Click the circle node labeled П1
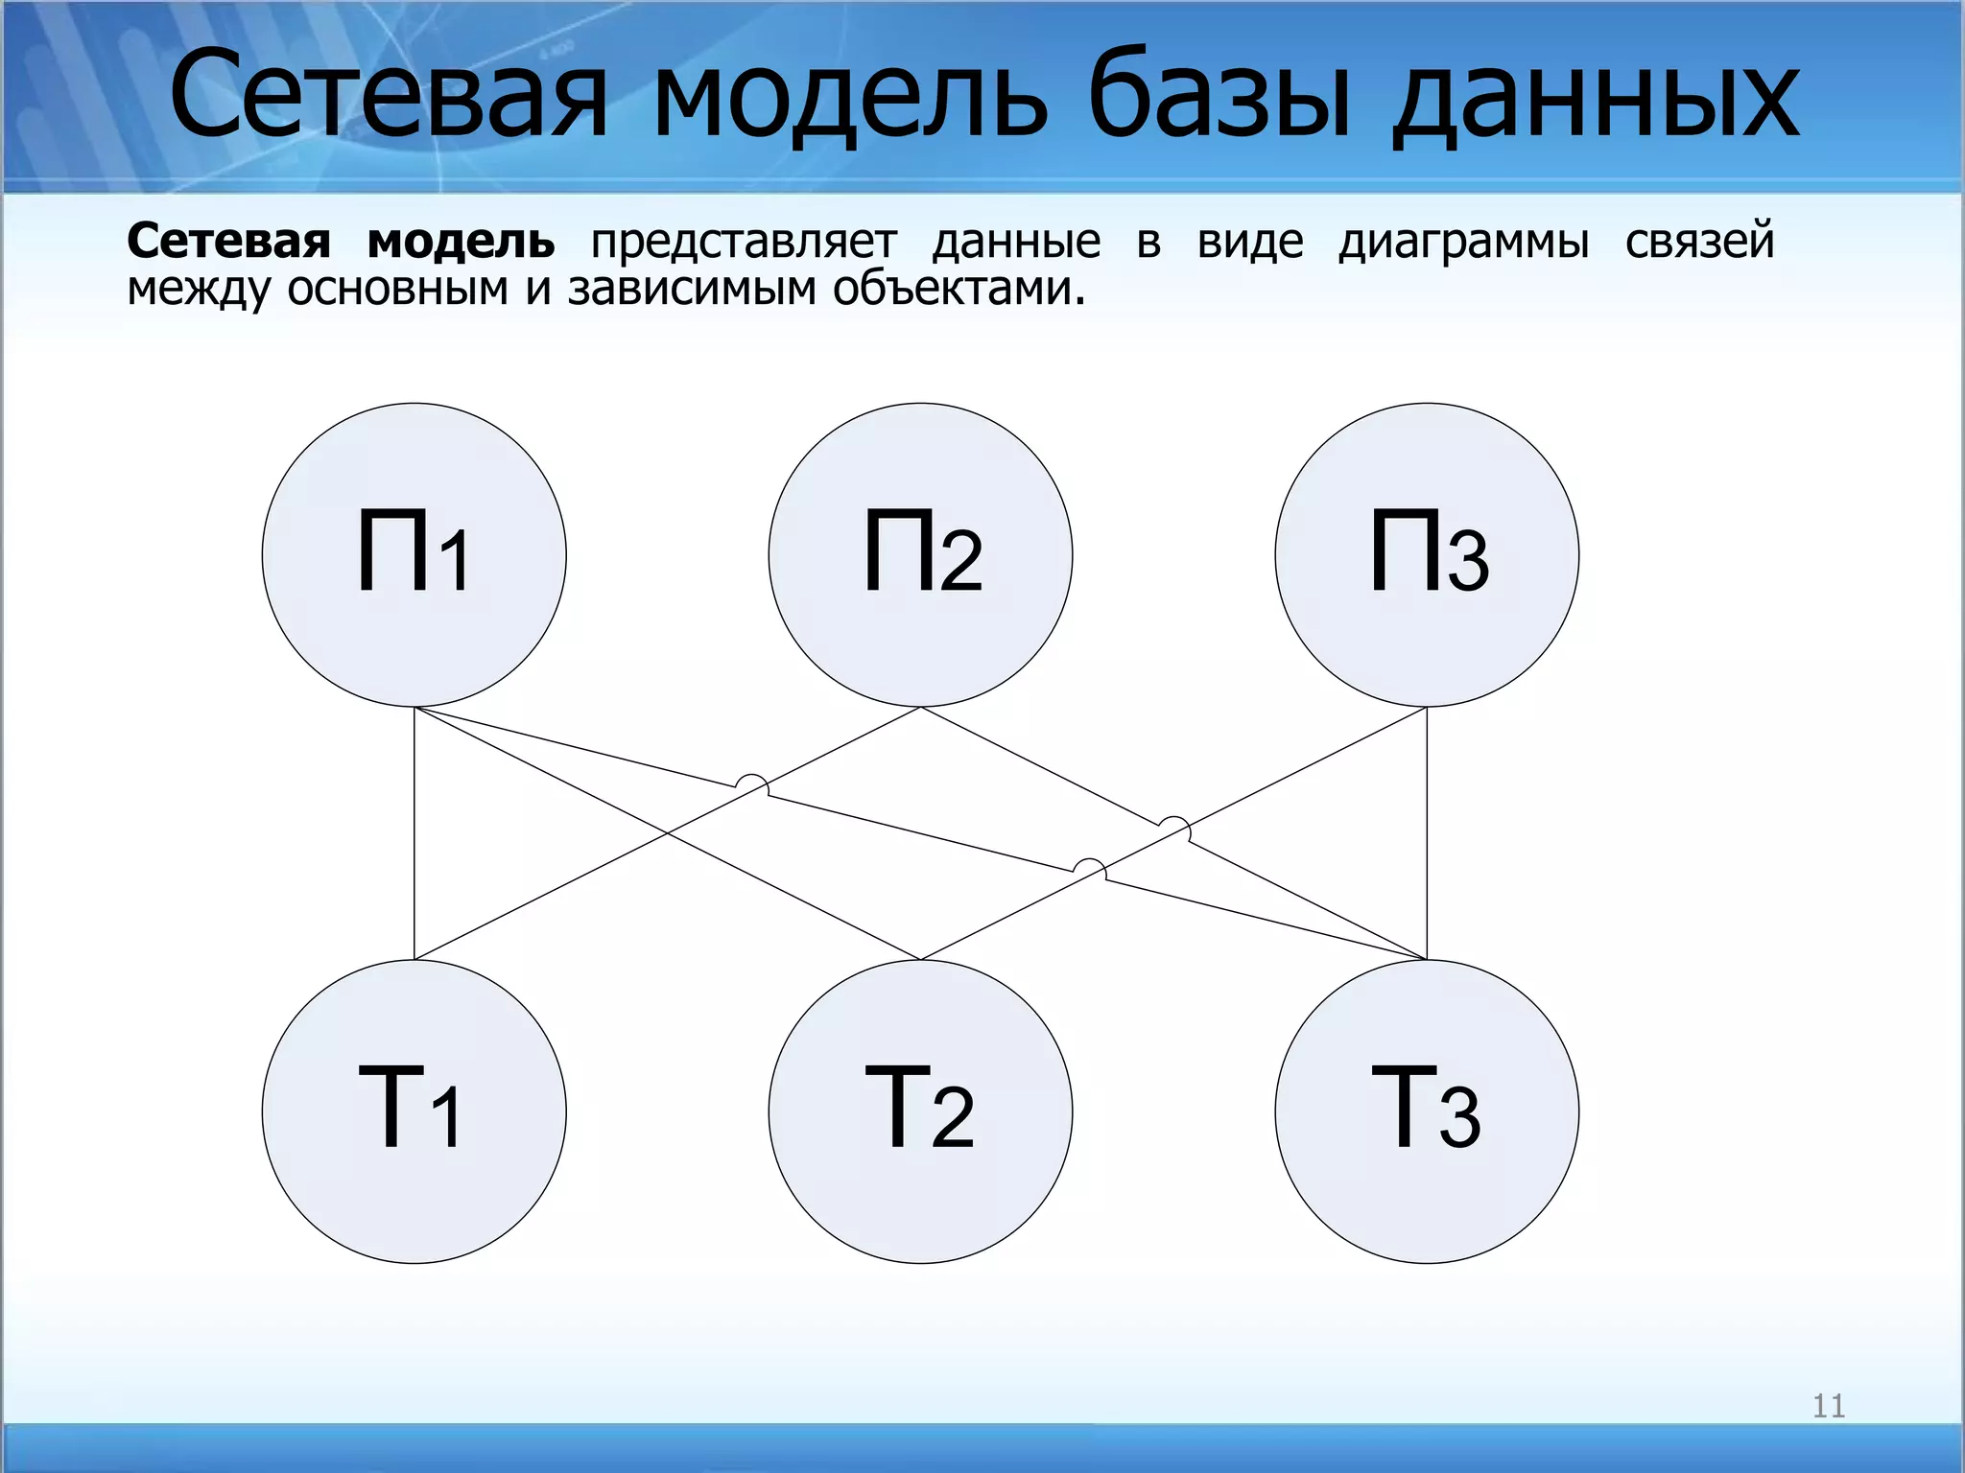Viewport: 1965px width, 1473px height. tap(414, 554)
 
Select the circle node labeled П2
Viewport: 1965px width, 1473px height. tap(920, 554)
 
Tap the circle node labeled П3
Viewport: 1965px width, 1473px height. tap(1427, 554)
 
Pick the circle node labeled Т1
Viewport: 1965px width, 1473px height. tap(414, 1111)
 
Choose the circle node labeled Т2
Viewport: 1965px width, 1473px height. tap(920, 1111)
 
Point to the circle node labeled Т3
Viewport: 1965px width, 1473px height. tap(1427, 1111)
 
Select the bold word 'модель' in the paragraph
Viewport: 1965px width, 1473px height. tap(461, 242)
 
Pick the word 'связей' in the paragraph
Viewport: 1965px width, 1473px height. tap(1699, 242)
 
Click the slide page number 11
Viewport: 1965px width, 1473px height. tap(1828, 1406)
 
